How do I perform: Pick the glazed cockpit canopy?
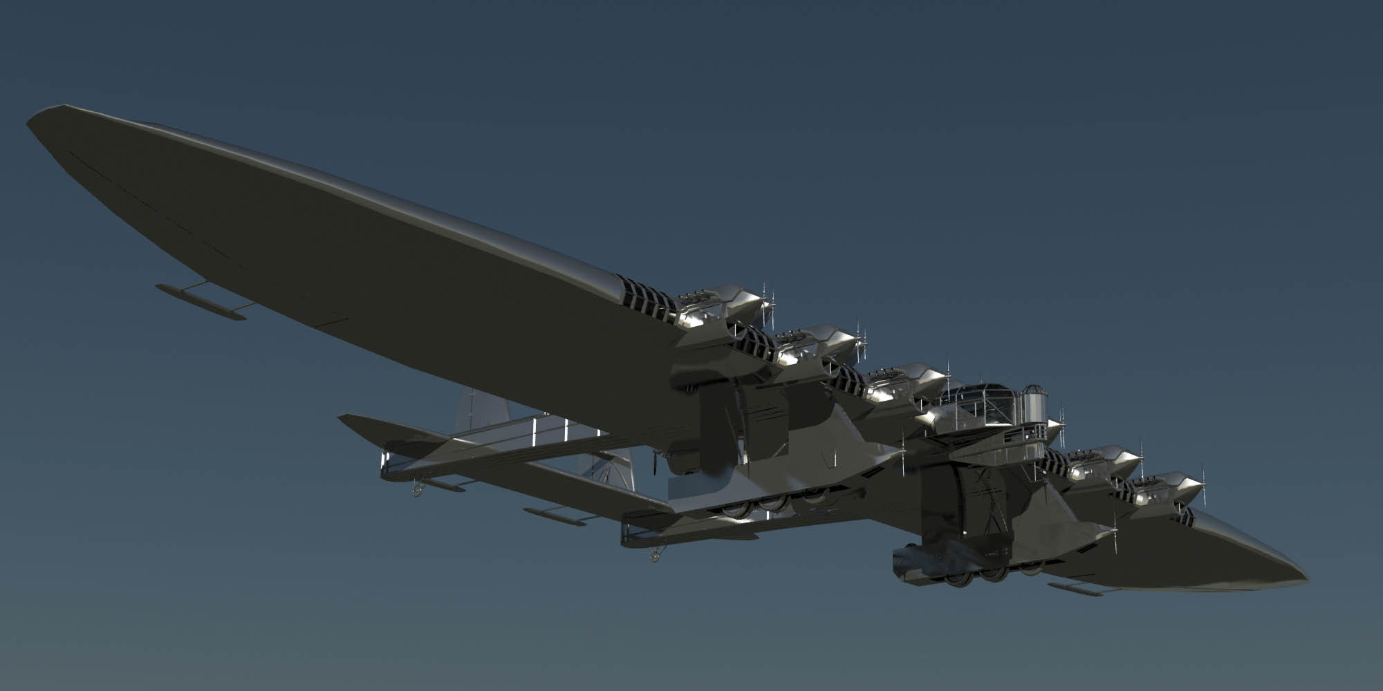(x=982, y=401)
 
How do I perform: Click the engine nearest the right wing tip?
(x=1169, y=487)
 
